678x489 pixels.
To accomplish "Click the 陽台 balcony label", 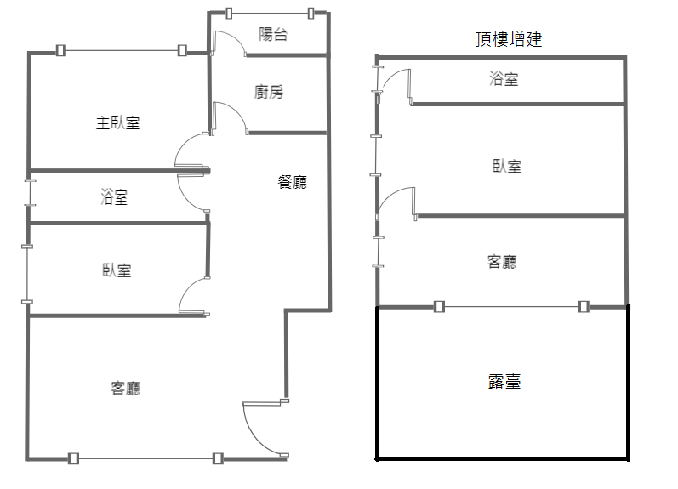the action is coord(273,34).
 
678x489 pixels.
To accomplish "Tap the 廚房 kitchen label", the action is coord(269,92).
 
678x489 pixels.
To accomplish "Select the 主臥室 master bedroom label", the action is coord(117,122).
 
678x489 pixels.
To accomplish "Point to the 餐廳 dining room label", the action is coord(293,182).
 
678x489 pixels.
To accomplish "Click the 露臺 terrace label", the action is coord(504,381).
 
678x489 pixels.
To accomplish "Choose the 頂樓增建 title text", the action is coord(509,39).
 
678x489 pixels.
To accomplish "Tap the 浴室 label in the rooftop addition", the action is coord(504,79).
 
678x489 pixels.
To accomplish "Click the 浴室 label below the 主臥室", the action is coord(114,196).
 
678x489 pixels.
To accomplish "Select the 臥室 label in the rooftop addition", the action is coord(507,166).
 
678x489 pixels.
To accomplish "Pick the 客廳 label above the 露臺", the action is coord(502,262).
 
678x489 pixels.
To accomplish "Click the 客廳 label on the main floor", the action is coord(125,388).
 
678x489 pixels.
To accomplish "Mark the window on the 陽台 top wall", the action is coord(270,14).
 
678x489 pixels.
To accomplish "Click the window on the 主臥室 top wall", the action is coord(122,50).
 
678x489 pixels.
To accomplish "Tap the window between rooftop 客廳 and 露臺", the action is coord(511,306).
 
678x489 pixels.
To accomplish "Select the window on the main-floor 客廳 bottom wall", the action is coord(145,458).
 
